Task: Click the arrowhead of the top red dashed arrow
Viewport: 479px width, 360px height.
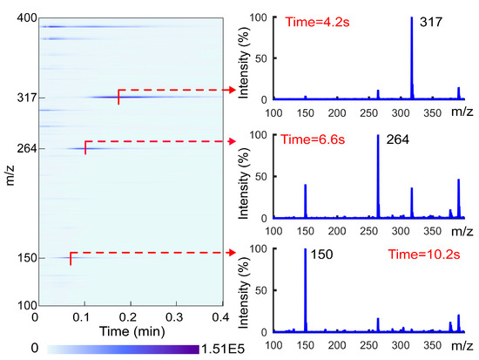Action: (233, 89)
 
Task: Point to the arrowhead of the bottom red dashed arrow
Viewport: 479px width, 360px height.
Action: (233, 253)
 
